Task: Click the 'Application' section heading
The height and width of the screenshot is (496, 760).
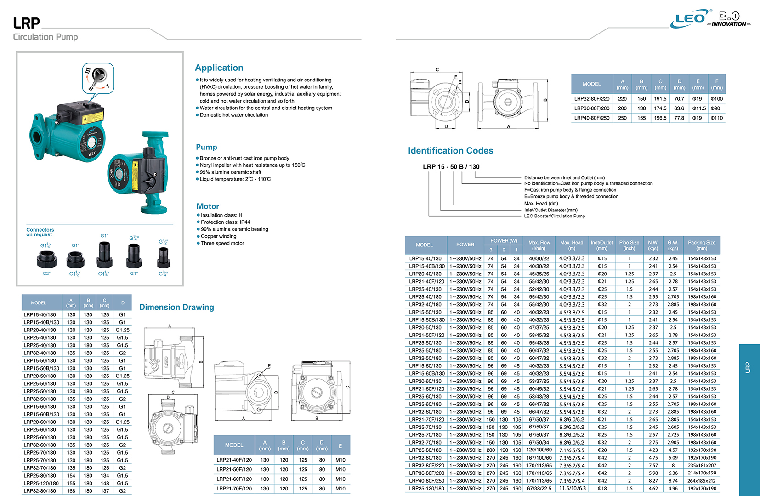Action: [x=219, y=68]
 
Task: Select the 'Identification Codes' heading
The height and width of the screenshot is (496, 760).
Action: [x=450, y=150]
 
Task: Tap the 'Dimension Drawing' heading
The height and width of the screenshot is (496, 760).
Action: [x=176, y=307]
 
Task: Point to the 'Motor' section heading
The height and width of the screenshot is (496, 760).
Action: [x=208, y=206]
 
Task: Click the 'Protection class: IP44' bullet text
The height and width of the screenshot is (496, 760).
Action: [x=225, y=222]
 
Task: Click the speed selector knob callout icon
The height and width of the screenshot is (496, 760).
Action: [x=98, y=78]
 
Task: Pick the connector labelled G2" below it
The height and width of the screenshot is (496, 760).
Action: [x=46, y=259]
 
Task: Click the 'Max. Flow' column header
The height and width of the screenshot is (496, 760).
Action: [x=539, y=245]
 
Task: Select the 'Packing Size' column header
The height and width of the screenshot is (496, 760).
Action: [x=701, y=245]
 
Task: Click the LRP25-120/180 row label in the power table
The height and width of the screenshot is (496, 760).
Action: [x=427, y=488]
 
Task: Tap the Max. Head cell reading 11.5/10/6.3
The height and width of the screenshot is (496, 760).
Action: [x=572, y=488]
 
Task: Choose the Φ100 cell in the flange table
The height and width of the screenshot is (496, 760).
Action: [x=716, y=99]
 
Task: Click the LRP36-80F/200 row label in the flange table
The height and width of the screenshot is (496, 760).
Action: [x=592, y=108]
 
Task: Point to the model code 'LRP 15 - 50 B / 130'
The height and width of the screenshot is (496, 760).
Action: [x=451, y=167]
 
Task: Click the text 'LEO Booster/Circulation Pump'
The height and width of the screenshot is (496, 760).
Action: [x=555, y=216]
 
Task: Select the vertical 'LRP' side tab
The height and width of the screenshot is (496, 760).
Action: [x=748, y=367]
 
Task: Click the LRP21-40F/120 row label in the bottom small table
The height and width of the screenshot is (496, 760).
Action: [x=234, y=460]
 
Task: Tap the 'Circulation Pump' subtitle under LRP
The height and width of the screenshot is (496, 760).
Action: [x=45, y=37]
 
